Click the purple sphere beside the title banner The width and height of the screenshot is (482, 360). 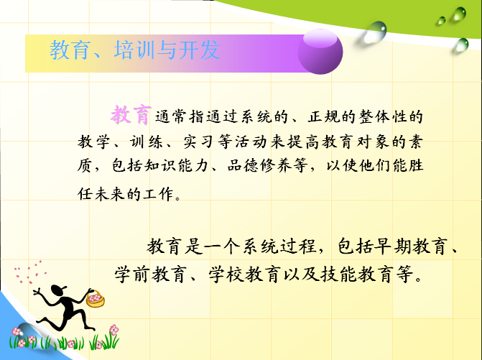(x=320, y=52)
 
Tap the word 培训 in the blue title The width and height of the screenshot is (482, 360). (x=135, y=50)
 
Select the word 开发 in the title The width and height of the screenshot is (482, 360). (x=199, y=50)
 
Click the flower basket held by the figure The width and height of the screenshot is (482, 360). (x=96, y=298)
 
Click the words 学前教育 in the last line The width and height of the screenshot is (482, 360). (x=151, y=274)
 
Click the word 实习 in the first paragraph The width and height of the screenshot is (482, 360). (x=198, y=142)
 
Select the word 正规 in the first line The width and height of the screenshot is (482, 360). (x=323, y=117)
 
